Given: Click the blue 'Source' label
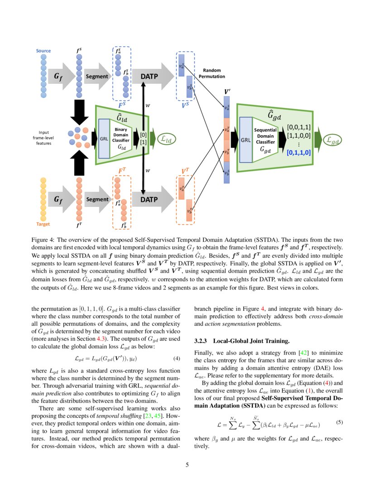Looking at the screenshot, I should pos(43,51).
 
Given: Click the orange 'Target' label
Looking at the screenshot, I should pos(43,224).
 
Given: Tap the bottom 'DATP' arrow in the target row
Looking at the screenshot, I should pos(151,199).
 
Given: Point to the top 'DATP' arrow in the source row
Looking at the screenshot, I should pos(151,76).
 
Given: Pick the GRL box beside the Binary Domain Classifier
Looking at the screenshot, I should pos(104,138).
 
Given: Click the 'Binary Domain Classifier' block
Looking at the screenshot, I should pos(122,138).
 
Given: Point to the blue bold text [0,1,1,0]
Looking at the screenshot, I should pos(299,153).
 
